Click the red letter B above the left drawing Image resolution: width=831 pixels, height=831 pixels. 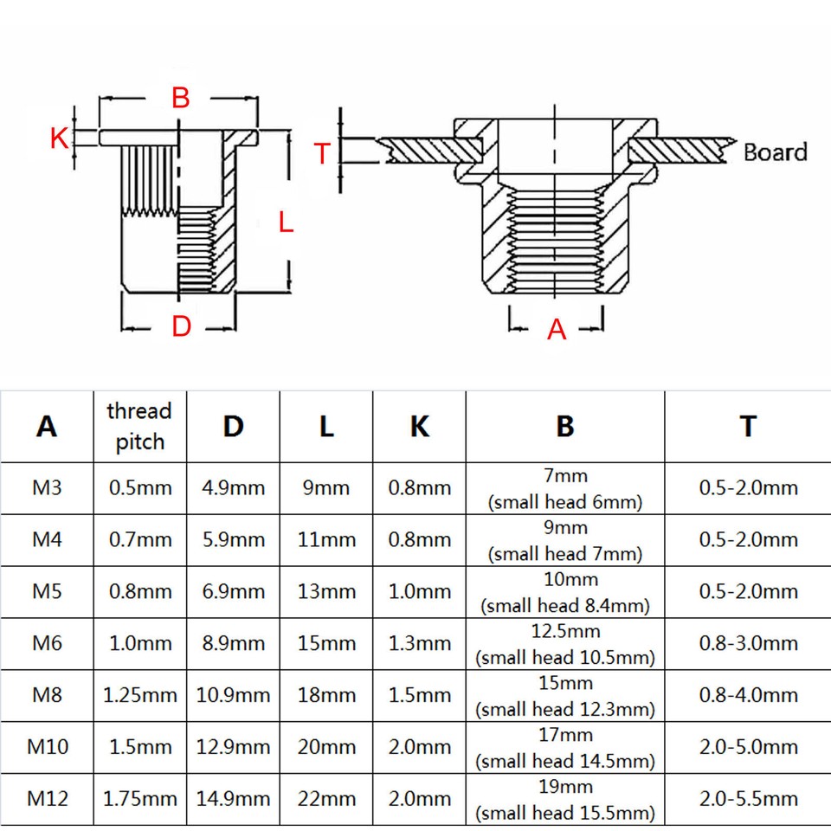click(x=180, y=97)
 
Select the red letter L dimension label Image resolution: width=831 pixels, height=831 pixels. click(x=287, y=222)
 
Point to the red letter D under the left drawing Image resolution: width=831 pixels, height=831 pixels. click(x=180, y=327)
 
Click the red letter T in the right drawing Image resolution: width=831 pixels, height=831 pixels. click(x=321, y=154)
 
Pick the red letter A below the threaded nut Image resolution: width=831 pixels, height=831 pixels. click(x=557, y=330)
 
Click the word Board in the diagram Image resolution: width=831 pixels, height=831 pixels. click(x=775, y=152)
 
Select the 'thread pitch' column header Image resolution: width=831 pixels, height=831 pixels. click(x=139, y=426)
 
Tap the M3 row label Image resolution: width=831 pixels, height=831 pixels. click(x=47, y=487)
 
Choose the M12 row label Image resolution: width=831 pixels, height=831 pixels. click(x=47, y=798)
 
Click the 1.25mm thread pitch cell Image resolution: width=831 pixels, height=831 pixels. click(x=139, y=695)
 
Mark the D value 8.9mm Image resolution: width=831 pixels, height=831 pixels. click(x=233, y=643)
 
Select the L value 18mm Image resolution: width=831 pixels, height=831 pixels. click(x=326, y=695)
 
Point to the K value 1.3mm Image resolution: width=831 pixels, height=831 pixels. click(x=419, y=643)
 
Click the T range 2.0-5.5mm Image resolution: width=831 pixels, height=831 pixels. click(x=748, y=798)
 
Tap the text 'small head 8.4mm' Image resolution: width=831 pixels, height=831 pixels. click(x=565, y=606)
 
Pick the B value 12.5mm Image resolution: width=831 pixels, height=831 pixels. click(x=565, y=631)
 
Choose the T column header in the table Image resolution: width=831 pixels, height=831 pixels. click(x=748, y=426)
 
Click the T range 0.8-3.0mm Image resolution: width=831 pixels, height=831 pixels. click(x=748, y=643)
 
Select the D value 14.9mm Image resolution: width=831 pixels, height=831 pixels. click(x=233, y=798)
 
